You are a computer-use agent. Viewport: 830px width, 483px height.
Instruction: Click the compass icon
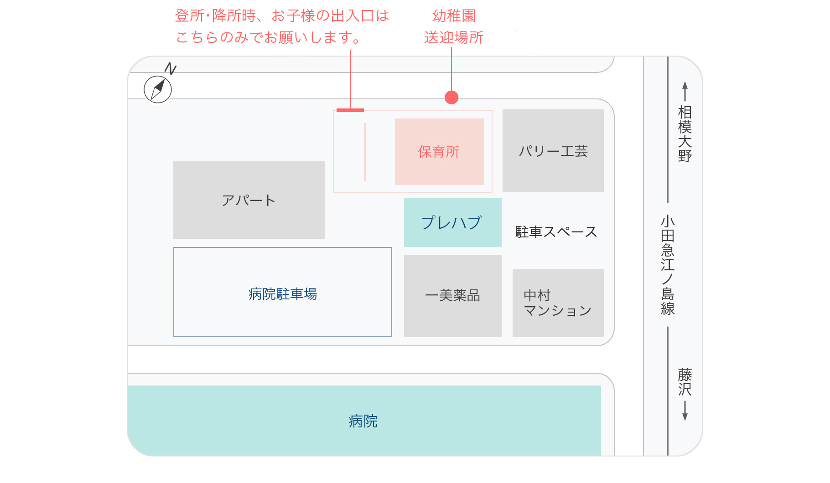pyautogui.click(x=158, y=89)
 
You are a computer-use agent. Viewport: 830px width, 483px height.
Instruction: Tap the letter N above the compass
pyautogui.click(x=171, y=69)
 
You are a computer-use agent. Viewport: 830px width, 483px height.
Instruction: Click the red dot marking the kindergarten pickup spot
pyautogui.click(x=451, y=98)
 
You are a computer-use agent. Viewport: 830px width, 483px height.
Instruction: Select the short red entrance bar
pyautogui.click(x=350, y=110)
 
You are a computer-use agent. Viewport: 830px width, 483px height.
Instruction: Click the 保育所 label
pyautogui.click(x=439, y=152)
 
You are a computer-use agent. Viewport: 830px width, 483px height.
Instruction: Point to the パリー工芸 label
pyautogui.click(x=553, y=151)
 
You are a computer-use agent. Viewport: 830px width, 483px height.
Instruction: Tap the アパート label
pyautogui.click(x=249, y=200)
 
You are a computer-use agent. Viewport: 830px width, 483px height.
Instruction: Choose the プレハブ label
pyautogui.click(x=451, y=223)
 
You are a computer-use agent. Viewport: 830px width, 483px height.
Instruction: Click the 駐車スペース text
pyautogui.click(x=556, y=232)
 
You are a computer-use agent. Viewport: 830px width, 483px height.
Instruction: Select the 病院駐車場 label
pyautogui.click(x=283, y=294)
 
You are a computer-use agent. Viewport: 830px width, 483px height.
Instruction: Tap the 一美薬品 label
pyautogui.click(x=452, y=296)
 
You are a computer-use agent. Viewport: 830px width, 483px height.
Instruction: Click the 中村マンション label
pyautogui.click(x=557, y=303)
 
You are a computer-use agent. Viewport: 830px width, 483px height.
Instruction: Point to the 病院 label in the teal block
pyautogui.click(x=363, y=421)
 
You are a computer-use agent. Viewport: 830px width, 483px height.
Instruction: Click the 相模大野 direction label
pyautogui.click(x=685, y=134)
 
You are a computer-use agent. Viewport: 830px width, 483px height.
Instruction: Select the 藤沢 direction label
pyautogui.click(x=685, y=382)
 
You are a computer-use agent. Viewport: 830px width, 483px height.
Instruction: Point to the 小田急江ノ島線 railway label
pyautogui.click(x=668, y=265)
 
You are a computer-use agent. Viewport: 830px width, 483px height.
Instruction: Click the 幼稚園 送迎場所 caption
pyautogui.click(x=454, y=27)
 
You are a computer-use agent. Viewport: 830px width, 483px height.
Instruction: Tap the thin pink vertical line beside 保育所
pyautogui.click(x=365, y=152)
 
